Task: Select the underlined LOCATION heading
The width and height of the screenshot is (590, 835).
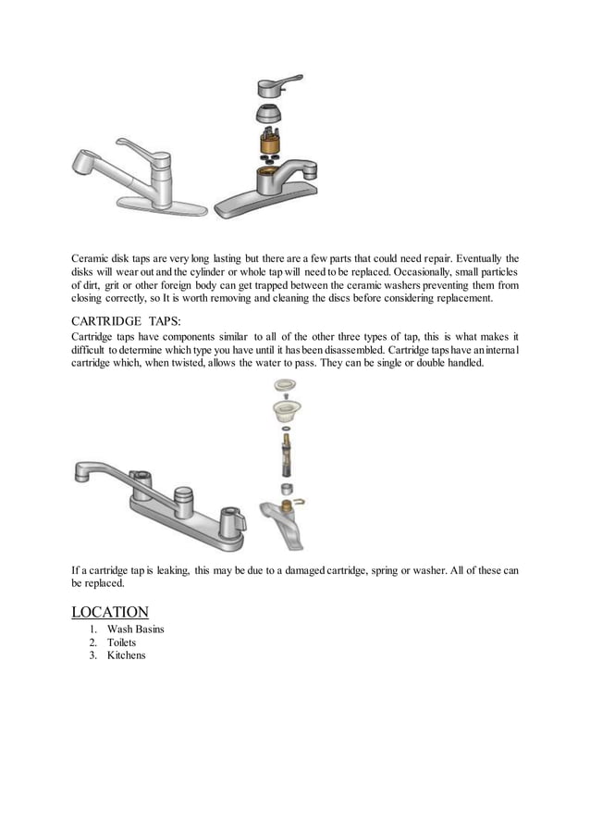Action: [x=110, y=612]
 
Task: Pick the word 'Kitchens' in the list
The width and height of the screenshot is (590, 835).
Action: [x=126, y=655]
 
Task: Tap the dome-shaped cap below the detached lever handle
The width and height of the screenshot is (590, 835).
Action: [x=271, y=116]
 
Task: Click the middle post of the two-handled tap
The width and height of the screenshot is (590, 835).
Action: [x=182, y=496]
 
